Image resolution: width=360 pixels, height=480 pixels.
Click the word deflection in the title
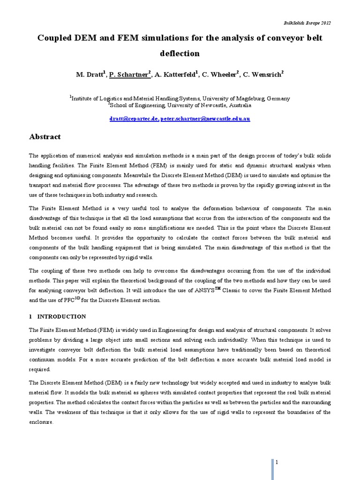coord(180,53)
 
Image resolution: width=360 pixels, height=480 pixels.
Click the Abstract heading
coord(45,137)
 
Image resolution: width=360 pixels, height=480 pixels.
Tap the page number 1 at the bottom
coord(277,462)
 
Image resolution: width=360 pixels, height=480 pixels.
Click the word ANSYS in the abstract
coord(200,291)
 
